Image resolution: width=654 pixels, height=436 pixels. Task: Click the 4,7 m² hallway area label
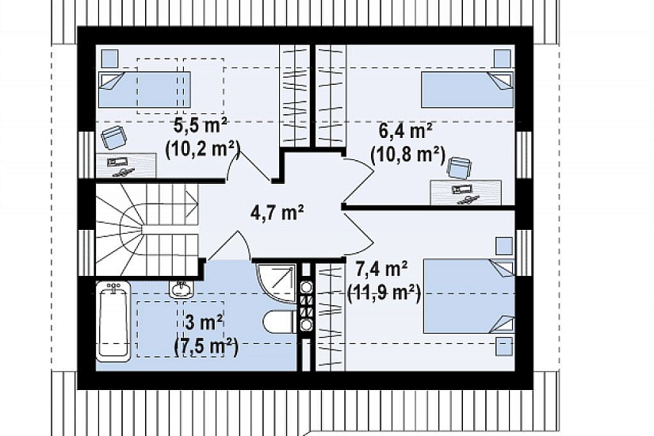[277, 212]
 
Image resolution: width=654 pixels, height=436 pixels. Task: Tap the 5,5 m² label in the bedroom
[201, 126]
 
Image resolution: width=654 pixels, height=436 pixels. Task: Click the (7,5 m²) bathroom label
[205, 347]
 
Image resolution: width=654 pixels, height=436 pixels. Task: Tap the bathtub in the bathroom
[113, 321]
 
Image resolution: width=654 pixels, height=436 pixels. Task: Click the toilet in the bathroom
[280, 322]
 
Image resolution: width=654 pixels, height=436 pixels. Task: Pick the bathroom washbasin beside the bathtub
[181, 289]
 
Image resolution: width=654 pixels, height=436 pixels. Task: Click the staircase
[147, 230]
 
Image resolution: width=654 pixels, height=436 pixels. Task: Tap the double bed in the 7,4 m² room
[469, 296]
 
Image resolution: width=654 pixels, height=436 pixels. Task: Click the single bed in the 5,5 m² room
[144, 90]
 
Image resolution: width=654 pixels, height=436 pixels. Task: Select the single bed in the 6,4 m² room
[467, 90]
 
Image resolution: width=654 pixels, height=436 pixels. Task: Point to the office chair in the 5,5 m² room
[113, 138]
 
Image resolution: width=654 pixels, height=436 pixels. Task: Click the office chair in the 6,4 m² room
[459, 168]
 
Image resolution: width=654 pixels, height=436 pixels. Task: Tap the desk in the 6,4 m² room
[466, 193]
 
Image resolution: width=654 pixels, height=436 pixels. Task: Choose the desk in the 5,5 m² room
[126, 165]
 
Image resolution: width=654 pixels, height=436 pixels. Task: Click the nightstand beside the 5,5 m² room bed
[110, 58]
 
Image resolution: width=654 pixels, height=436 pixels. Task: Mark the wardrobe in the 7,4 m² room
[331, 316]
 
